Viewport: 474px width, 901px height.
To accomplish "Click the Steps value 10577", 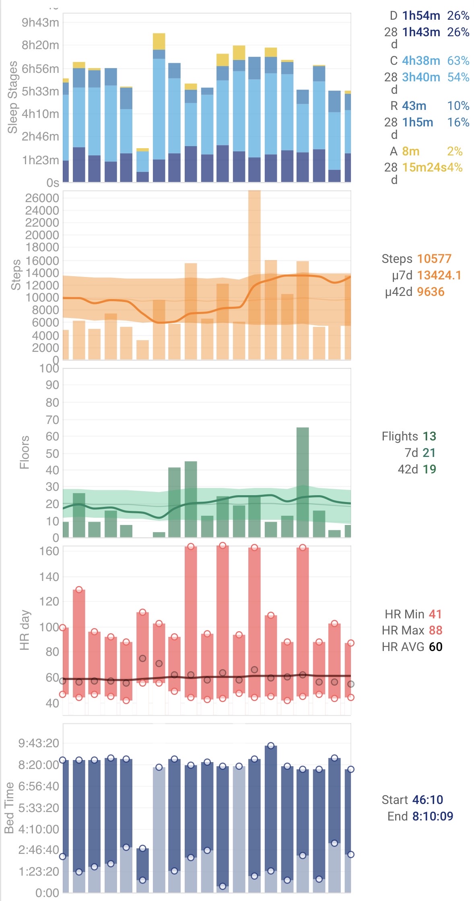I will (x=434, y=259).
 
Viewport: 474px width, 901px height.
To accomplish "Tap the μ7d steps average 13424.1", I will (x=439, y=275).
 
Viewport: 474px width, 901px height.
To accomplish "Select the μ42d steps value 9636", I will (x=431, y=292).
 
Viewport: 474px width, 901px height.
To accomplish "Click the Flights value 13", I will (x=429, y=436).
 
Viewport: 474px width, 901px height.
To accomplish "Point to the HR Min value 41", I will (x=435, y=614).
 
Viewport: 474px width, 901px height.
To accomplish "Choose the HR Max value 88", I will (x=435, y=630).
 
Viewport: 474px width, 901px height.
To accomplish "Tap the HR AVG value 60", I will (x=435, y=647).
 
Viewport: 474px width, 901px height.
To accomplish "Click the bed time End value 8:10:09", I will (x=433, y=816).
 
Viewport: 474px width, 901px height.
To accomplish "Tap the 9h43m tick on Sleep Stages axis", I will (x=40, y=23).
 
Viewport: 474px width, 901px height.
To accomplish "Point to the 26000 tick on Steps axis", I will (x=42, y=198).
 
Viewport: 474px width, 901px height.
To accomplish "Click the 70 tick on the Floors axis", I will (x=52, y=420).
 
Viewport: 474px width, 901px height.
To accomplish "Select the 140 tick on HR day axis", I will (x=49, y=577).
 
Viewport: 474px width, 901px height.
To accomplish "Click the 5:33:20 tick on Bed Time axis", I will (x=39, y=808).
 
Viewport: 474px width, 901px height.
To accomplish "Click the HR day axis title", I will (x=25, y=630).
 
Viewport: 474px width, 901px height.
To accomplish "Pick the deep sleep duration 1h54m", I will (x=421, y=16).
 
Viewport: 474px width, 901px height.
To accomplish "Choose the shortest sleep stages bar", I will (x=142, y=166).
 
